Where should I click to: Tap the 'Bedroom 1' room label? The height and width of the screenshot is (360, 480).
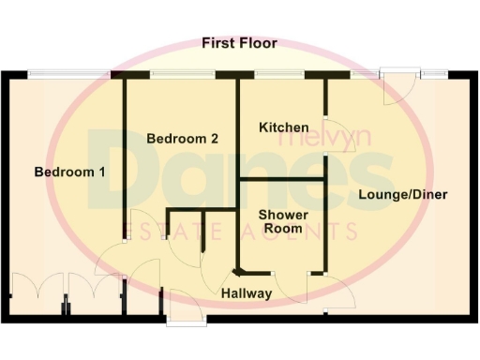click(x=69, y=172)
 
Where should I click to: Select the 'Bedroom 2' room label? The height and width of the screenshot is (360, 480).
click(x=183, y=138)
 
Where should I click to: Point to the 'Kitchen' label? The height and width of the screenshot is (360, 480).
click(x=283, y=127)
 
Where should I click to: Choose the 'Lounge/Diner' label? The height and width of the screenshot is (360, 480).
click(x=402, y=195)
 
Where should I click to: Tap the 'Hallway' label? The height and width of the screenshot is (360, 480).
click(x=247, y=293)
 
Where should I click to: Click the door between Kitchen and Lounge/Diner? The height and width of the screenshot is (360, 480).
click(x=332, y=130)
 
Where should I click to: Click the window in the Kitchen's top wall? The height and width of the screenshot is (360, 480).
click(x=272, y=74)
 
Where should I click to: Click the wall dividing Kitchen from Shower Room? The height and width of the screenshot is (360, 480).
click(x=282, y=176)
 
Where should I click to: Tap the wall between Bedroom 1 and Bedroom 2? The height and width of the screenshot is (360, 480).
click(x=125, y=159)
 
